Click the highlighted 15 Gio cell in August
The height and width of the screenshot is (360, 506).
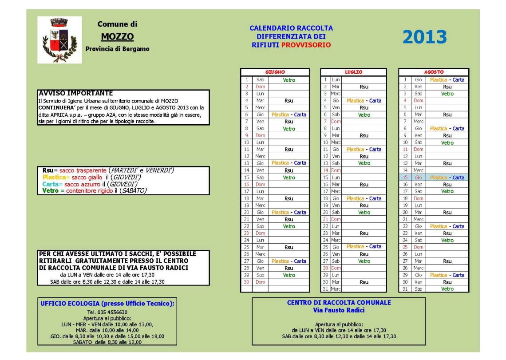[x=412, y=177]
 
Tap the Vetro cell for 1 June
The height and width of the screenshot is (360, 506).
[x=289, y=80]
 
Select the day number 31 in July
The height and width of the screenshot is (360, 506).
[x=325, y=289]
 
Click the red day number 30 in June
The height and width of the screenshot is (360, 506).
[x=246, y=281]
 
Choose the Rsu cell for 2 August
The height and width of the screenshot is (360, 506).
[x=447, y=87]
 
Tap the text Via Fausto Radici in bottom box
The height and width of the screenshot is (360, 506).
[x=339, y=310]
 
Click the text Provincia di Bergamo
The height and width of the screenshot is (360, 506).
[x=117, y=49]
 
